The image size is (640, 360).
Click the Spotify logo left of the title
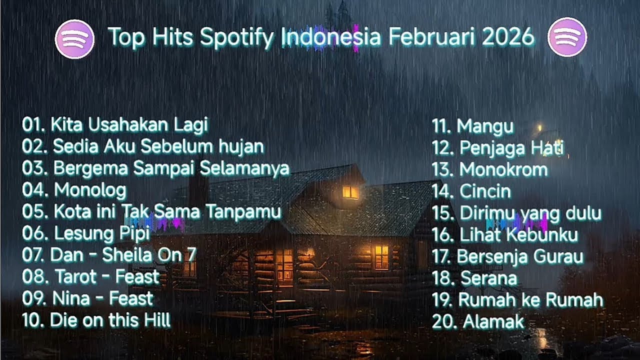click(x=74, y=39)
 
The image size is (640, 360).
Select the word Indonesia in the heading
click(x=330, y=37)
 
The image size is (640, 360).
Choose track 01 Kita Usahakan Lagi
click(x=115, y=124)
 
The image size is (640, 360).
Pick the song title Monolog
click(x=90, y=190)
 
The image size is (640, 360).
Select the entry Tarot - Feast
click(x=107, y=276)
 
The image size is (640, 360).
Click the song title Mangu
click(x=485, y=126)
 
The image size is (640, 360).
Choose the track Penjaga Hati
click(x=511, y=148)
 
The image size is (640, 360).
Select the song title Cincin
click(x=485, y=191)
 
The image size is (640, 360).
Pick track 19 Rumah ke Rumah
click(x=530, y=300)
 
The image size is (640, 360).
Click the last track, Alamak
click(x=493, y=321)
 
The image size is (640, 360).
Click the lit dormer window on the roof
click(x=350, y=192)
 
